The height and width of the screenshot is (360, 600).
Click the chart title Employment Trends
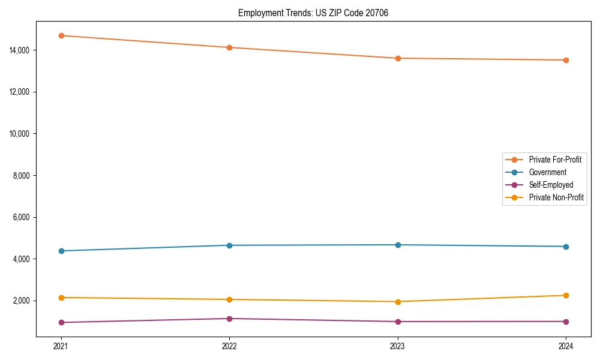point(313,13)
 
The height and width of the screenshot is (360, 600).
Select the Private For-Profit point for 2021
point(61,35)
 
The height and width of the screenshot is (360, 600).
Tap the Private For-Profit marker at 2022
point(229,47)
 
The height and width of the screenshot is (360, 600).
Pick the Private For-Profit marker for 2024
point(566,60)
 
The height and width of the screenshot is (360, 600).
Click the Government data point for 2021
point(61,251)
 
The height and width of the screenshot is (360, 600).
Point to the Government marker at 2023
point(398,245)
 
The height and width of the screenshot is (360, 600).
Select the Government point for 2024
point(566,247)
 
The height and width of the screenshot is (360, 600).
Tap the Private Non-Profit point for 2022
point(229,299)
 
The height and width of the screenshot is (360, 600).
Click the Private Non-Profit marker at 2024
point(566,295)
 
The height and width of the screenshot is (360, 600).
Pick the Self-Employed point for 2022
point(229,319)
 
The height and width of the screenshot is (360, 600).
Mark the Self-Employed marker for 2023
point(398,322)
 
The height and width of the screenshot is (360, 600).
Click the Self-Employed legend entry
point(551,185)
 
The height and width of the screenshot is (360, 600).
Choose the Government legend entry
point(547,172)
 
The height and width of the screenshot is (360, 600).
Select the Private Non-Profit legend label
point(556,197)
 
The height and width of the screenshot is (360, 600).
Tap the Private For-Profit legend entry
point(554,160)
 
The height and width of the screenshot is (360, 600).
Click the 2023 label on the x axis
point(398,346)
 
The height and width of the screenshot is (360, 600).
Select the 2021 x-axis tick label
point(61,346)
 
